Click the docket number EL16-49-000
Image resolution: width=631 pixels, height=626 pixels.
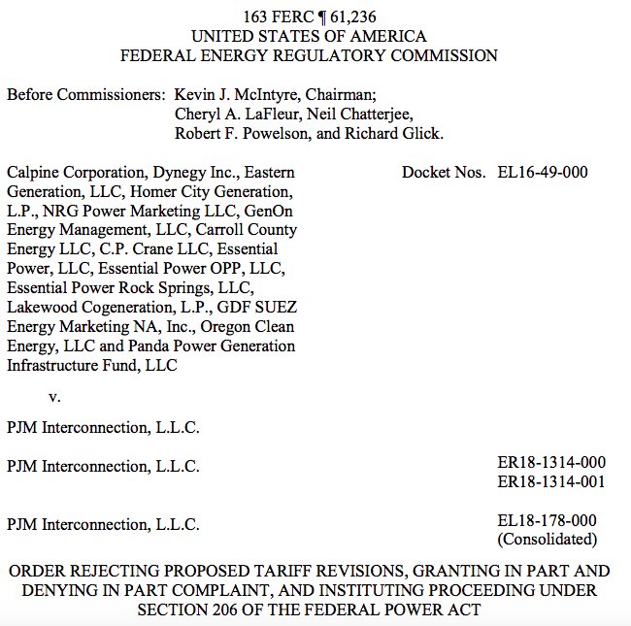(542, 173)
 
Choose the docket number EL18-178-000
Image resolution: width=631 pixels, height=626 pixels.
(547, 521)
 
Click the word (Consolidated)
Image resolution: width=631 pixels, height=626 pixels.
(547, 540)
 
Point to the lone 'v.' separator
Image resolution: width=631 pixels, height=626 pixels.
(55, 396)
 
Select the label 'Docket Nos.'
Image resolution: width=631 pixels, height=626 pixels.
(443, 173)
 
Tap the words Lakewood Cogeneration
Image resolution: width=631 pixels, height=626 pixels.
(83, 308)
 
